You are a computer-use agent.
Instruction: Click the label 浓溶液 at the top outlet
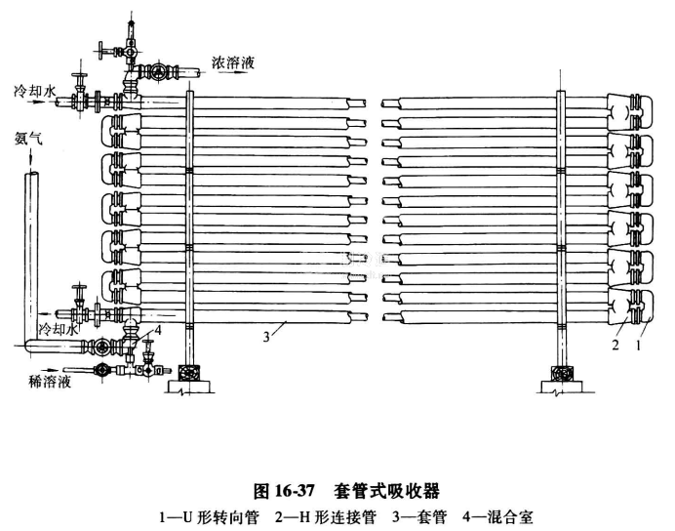233,62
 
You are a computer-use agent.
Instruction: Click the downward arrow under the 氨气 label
29,158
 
